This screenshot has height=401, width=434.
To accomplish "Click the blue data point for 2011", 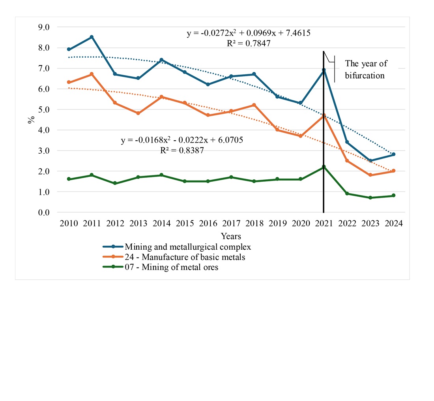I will tap(92, 37).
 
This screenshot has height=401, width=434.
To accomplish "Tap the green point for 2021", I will tap(324, 167).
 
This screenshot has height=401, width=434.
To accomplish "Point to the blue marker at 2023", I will tap(370, 161).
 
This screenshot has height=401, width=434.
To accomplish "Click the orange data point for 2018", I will tap(254, 105).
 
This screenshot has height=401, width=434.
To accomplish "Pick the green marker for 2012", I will tap(115, 183).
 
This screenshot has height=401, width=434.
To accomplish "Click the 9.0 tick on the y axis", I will tap(44, 27).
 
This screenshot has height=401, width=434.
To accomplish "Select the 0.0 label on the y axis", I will tap(44, 213).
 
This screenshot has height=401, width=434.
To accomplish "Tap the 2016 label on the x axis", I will tap(208, 224).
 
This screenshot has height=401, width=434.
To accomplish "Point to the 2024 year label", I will tap(393, 224).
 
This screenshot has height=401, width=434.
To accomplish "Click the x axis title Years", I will tap(231, 236).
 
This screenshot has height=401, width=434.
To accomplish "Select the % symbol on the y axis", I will tap(31, 120).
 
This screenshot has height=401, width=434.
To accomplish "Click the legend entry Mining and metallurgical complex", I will tap(188, 247).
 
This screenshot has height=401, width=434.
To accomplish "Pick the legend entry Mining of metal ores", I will tap(171, 268).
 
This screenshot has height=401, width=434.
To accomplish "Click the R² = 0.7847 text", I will tap(249, 43).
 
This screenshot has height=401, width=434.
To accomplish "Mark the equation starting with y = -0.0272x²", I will tap(249, 33).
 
